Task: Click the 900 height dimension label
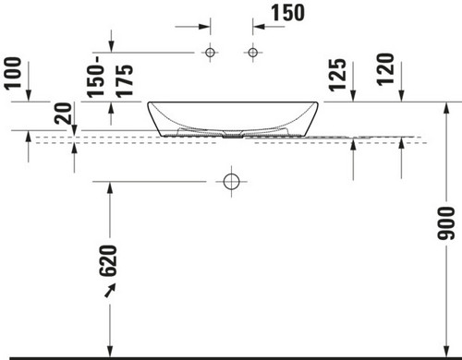click(445, 223)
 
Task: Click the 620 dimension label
click(108, 260)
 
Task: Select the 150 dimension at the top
click(287, 13)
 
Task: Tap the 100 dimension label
click(14, 73)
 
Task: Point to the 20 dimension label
click(63, 114)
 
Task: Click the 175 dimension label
click(125, 80)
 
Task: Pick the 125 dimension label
click(337, 75)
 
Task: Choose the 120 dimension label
click(385, 69)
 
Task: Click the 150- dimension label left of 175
click(95, 77)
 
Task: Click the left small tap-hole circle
click(211, 53)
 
